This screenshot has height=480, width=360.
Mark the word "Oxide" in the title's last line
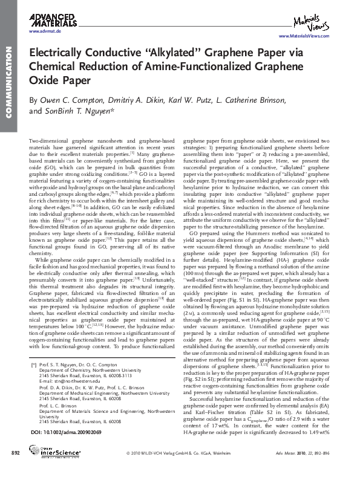coord(45,80)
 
